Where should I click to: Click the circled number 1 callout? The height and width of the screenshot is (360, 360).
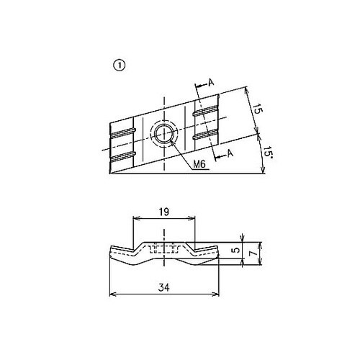tap(119, 66)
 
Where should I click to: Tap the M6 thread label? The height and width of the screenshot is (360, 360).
tap(199, 164)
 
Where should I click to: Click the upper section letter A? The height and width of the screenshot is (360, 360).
tap(211, 82)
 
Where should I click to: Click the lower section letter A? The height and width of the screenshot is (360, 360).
tap(230, 153)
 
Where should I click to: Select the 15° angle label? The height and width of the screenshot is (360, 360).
tap(267, 153)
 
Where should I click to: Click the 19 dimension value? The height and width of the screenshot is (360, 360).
tap(164, 212)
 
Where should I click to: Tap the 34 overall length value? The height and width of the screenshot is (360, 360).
tap(164, 287)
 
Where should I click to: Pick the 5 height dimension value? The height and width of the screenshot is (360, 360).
tap(236, 250)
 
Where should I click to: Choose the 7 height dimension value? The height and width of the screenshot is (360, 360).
tap(253, 253)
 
